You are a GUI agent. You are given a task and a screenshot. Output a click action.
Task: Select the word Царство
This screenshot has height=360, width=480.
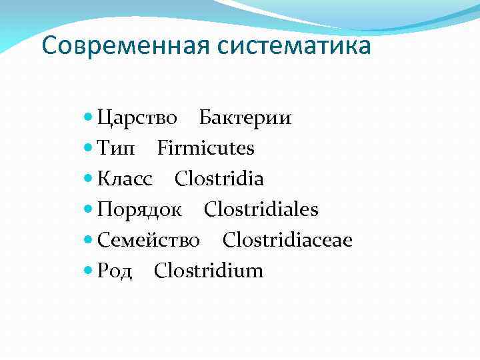coord(137,117)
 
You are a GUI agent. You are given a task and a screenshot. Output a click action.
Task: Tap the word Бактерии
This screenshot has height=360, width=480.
coord(245,117)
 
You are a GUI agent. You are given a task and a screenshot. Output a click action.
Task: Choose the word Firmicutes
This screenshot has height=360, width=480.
coord(206,148)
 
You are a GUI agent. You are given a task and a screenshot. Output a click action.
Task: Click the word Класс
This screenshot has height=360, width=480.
coord(125,179)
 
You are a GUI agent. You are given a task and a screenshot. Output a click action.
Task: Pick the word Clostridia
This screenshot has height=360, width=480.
coord(219,179)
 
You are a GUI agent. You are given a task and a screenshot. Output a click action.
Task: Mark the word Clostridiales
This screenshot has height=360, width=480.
coord(261,210)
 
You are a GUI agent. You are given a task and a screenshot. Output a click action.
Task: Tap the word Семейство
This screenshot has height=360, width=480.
coord(149,240)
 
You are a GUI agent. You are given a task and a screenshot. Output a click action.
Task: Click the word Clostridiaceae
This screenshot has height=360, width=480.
coord(287,240)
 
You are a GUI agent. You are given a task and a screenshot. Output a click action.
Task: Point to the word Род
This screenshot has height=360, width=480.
coord(115,271)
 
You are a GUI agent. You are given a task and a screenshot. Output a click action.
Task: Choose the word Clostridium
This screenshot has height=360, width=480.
coord(209,271)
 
